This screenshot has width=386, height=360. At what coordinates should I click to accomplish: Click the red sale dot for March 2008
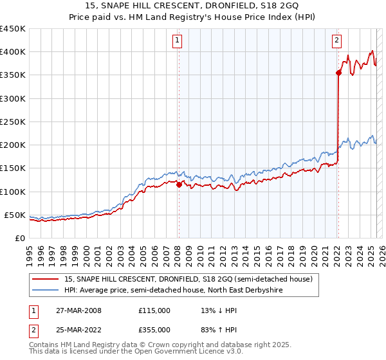(x=179, y=184)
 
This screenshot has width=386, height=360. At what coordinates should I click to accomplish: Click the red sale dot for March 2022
(x=338, y=73)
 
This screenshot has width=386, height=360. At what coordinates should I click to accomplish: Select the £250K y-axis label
(x=12, y=122)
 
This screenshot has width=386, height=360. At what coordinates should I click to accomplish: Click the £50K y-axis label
(x=15, y=215)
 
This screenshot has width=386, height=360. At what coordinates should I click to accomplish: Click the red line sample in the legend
(x=46, y=279)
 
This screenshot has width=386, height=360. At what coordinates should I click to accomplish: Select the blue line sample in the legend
(x=46, y=290)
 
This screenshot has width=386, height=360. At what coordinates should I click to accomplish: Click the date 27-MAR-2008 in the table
(x=78, y=310)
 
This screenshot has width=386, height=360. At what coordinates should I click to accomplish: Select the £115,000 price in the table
(x=154, y=310)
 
